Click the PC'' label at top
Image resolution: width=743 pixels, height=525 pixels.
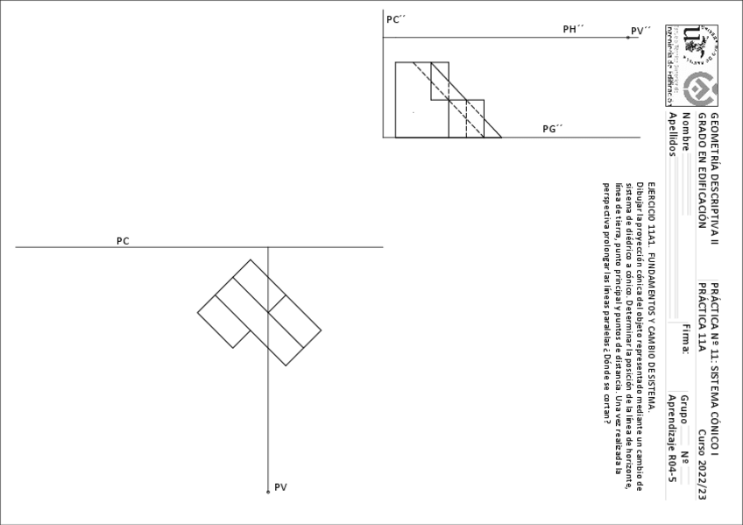393,18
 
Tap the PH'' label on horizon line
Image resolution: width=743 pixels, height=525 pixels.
573,29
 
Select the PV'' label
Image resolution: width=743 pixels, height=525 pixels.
641,31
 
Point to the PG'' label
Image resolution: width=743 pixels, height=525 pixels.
552,129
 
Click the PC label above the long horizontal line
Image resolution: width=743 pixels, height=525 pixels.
124,240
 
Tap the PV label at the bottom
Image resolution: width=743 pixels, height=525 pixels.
280,487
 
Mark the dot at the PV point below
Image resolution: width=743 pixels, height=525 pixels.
268,493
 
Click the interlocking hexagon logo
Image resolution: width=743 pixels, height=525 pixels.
701,89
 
